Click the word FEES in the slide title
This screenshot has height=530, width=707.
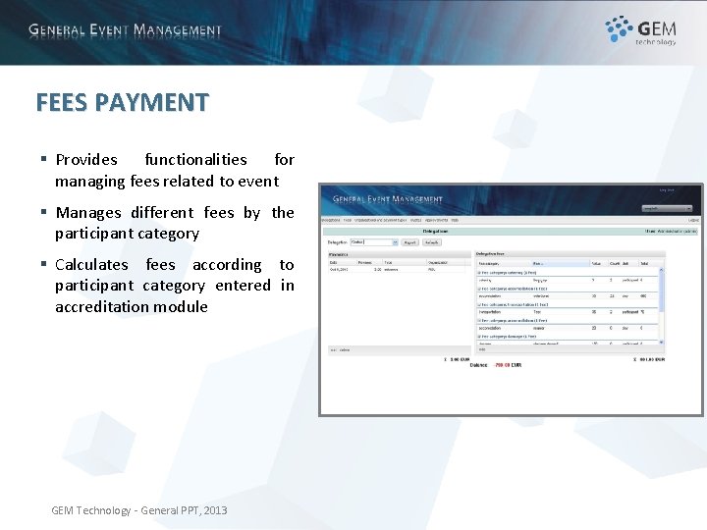59,102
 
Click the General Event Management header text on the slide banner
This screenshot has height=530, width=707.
125,30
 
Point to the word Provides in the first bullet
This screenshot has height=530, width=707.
86,159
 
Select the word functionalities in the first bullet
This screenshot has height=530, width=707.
195,159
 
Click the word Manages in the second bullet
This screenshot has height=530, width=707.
88,212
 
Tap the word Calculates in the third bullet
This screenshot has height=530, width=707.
91,264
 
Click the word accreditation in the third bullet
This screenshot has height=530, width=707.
104,306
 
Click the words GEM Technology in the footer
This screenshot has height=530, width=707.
90,510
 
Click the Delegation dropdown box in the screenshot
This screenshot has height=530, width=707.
374,241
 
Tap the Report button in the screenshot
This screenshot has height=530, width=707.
409,241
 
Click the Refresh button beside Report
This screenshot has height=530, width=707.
432,241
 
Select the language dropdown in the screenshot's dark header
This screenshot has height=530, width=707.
667,209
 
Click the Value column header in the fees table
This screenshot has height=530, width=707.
595,263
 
